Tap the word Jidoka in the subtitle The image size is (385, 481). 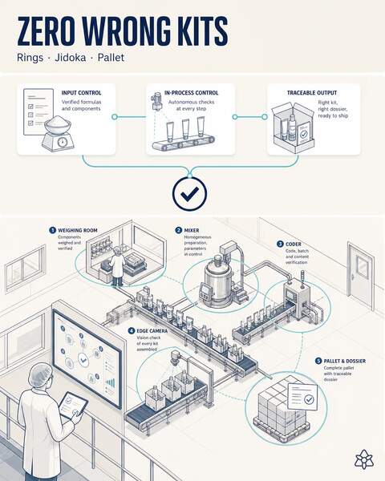(x=71, y=58)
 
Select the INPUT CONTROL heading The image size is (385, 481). (x=81, y=93)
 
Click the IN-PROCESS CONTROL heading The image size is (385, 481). (x=191, y=93)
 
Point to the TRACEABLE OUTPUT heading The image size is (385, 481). (x=312, y=93)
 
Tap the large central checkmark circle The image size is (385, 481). (x=190, y=193)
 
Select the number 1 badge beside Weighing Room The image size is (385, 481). (x=52, y=230)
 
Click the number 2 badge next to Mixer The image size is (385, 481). (x=178, y=230)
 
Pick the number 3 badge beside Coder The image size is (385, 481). (x=280, y=245)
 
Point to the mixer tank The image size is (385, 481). (x=218, y=280)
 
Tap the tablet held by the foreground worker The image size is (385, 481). (x=73, y=404)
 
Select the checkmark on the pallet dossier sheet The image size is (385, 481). (x=308, y=399)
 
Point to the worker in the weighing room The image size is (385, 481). (x=117, y=266)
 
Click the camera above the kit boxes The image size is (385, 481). (x=176, y=358)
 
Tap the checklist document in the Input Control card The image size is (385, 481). (x=37, y=112)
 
